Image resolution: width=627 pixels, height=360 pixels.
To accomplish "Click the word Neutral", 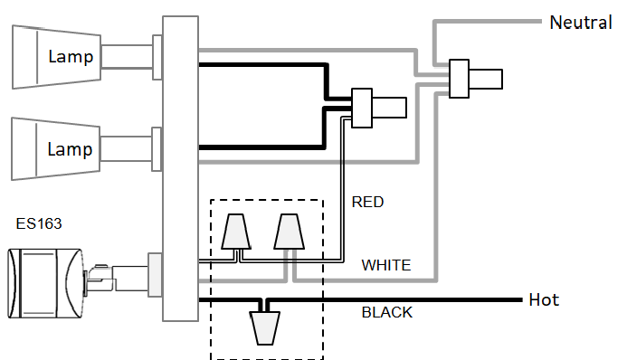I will click(581, 21).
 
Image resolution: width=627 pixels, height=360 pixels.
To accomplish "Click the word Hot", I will click(544, 299).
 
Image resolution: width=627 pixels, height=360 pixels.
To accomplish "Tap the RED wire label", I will click(367, 202).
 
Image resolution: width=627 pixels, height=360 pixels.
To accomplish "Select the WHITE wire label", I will click(386, 266).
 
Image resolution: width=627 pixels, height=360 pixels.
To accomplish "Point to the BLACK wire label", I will click(387, 313).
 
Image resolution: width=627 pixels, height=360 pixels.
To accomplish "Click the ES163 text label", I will click(39, 223).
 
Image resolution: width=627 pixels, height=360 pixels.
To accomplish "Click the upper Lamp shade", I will click(54, 56).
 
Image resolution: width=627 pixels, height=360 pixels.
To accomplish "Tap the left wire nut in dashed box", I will click(236, 232).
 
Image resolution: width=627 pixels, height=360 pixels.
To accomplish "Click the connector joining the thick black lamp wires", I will click(363, 108).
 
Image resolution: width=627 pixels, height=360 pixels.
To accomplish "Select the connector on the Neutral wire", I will click(461, 79).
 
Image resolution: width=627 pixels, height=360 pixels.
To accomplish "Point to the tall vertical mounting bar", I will click(179, 168).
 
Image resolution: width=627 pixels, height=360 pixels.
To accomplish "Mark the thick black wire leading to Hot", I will click(407, 299).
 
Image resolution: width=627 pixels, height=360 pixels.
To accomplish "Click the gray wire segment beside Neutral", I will click(489, 21).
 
